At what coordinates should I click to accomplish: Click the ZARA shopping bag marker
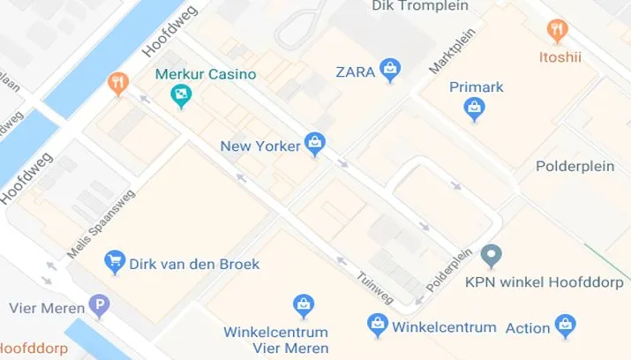tap(390, 69)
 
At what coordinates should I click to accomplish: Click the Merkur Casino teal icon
tap(181, 93)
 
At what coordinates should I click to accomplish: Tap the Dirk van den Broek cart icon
tap(115, 262)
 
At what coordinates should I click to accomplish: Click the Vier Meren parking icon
tap(100, 307)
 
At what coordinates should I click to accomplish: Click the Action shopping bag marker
tap(565, 326)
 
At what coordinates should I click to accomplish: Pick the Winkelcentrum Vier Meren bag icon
tap(303, 306)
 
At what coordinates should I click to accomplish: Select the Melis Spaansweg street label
tap(101, 224)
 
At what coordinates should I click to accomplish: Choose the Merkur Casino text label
tap(205, 74)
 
